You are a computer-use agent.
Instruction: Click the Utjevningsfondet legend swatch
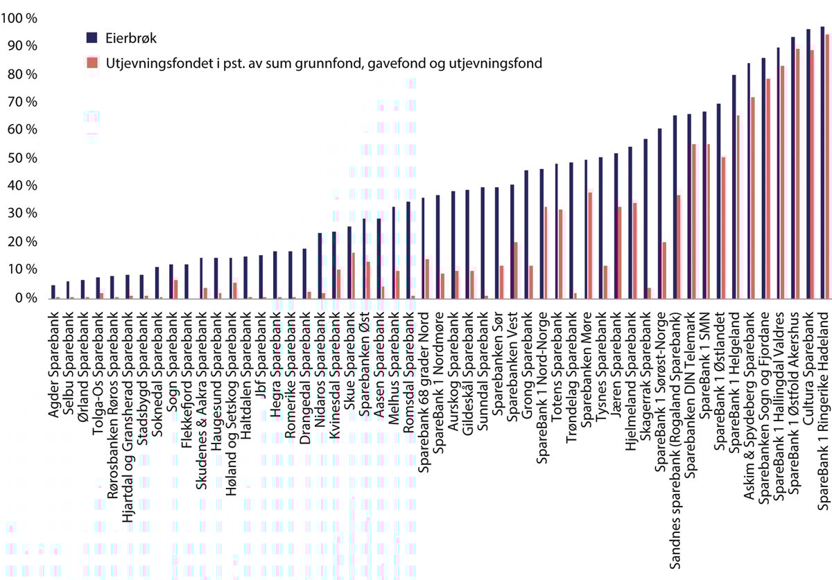click(x=92, y=63)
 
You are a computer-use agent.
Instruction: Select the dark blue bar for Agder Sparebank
click(x=53, y=292)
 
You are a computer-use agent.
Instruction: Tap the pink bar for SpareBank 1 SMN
click(x=708, y=222)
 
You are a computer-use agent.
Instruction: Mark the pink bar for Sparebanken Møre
click(x=590, y=245)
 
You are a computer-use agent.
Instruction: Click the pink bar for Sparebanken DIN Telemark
click(x=693, y=222)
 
